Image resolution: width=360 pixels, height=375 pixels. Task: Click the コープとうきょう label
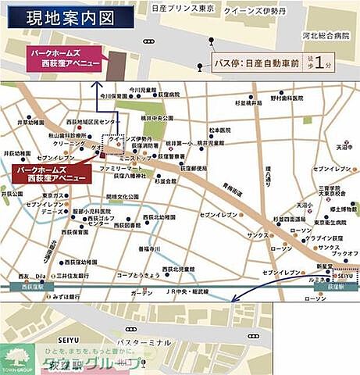point(137,275)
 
